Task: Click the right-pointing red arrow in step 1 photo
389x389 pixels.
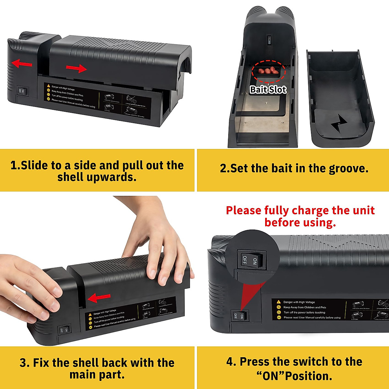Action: (x=77, y=68)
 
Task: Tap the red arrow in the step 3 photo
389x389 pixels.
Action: (x=99, y=298)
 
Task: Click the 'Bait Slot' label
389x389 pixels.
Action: (x=268, y=89)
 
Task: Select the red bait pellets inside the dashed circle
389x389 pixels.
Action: (x=268, y=71)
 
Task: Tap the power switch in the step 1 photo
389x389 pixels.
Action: (x=23, y=92)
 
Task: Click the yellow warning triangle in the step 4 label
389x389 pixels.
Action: (x=278, y=302)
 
